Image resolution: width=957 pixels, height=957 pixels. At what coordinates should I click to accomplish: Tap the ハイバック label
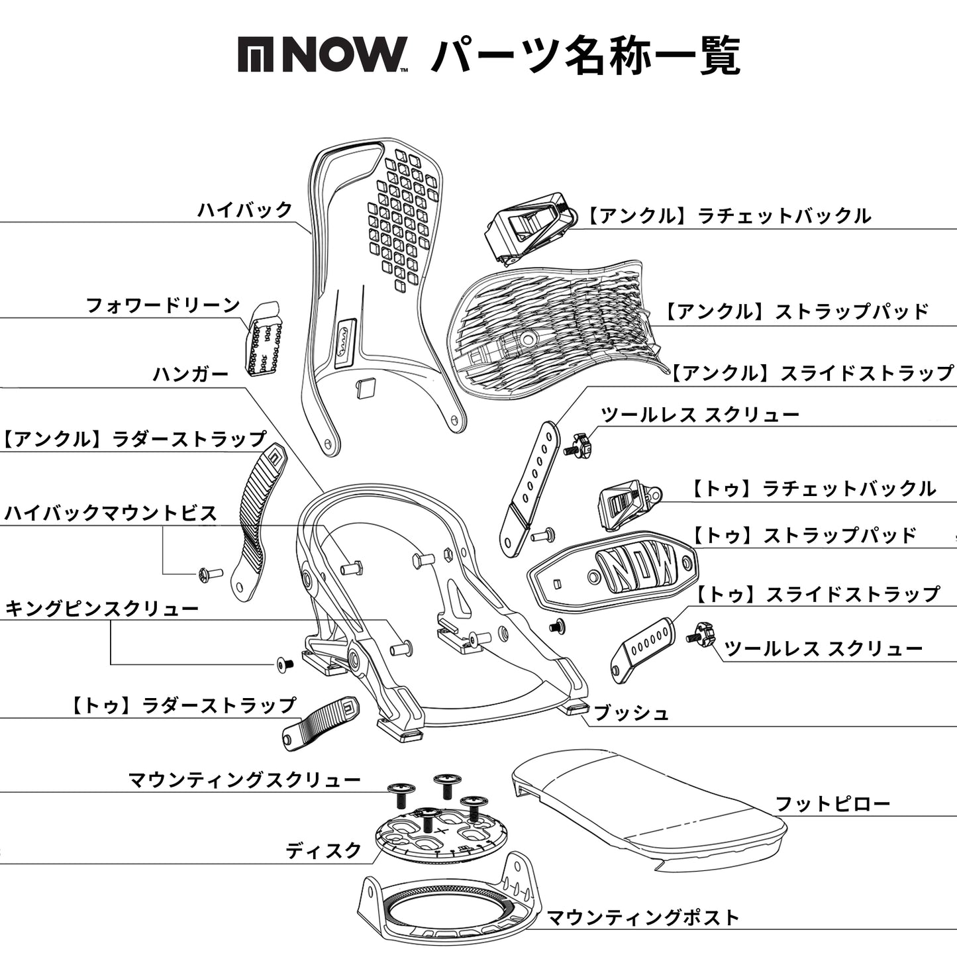(245, 210)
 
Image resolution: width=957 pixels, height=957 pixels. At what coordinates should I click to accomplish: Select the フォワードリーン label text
(163, 306)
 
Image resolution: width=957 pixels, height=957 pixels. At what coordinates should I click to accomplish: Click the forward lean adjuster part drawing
(265, 339)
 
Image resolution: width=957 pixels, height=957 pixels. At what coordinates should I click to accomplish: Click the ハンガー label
(191, 375)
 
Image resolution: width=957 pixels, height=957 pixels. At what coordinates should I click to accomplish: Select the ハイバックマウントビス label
(111, 513)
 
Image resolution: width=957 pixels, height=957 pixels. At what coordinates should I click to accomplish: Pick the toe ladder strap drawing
(320, 723)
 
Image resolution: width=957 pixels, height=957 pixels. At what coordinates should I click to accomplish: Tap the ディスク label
(324, 850)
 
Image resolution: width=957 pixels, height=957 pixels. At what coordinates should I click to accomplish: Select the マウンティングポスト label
(642, 918)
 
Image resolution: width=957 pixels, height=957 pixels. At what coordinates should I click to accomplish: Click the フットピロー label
(832, 805)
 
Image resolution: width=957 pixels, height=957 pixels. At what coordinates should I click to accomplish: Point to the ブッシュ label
(631, 713)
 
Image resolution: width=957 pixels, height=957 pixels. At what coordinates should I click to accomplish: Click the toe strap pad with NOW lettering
(613, 569)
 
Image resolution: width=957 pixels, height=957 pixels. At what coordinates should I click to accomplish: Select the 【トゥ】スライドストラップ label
(818, 595)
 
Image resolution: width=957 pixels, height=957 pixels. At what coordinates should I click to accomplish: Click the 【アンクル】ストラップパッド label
(797, 312)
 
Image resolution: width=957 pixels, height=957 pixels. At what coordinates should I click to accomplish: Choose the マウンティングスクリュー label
(244, 780)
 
